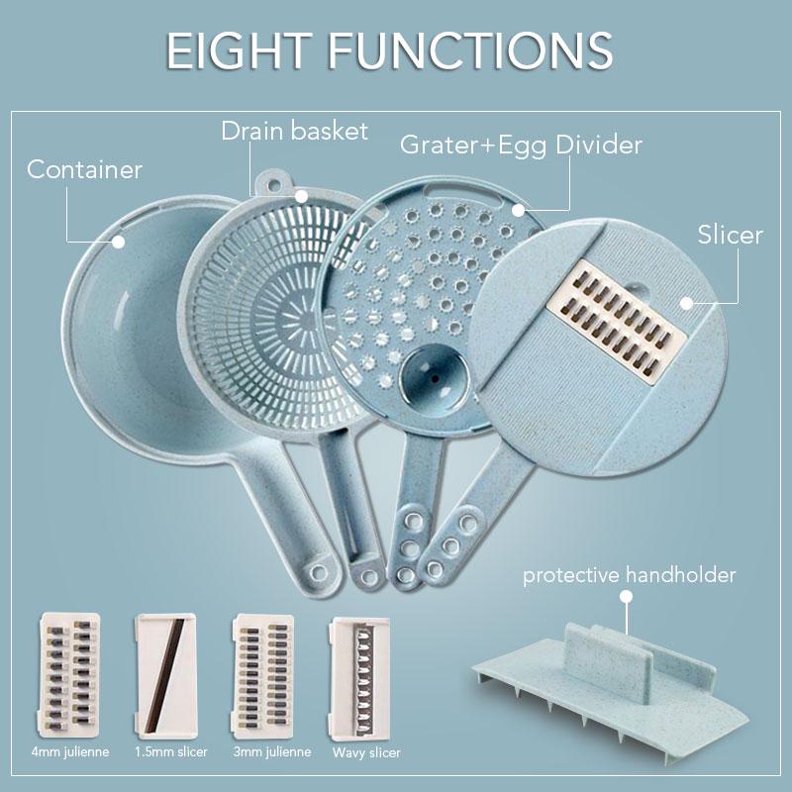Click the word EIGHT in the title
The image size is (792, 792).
pyautogui.click(x=245, y=50)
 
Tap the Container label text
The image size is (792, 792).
pyautogui.click(x=84, y=169)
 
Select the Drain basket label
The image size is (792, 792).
pyautogui.click(x=294, y=131)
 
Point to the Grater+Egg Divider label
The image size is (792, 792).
pyautogui.click(x=521, y=145)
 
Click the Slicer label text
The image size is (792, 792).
pyautogui.click(x=730, y=235)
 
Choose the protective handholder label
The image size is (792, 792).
pyautogui.click(x=629, y=575)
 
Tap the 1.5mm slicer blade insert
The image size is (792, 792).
pyautogui.click(x=163, y=674)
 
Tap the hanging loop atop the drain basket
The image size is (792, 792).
pyautogui.click(x=272, y=184)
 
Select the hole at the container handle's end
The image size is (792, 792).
pyautogui.click(x=318, y=571)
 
